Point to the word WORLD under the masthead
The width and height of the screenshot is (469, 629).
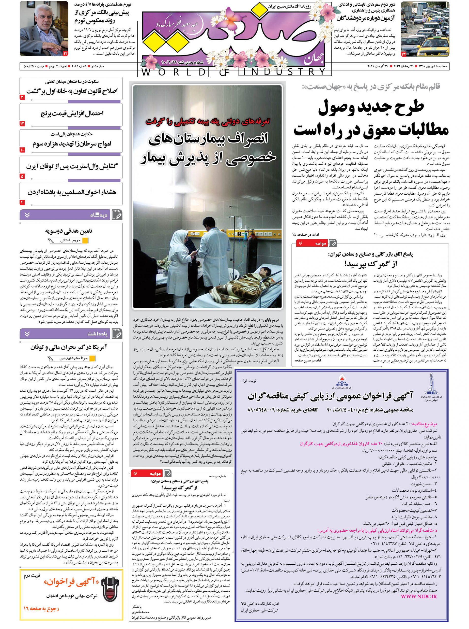coord(173,72)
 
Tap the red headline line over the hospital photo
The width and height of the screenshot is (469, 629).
coord(208,121)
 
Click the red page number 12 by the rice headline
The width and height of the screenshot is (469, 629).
coord(22,124)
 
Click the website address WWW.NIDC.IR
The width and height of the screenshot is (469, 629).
coord(419,596)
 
